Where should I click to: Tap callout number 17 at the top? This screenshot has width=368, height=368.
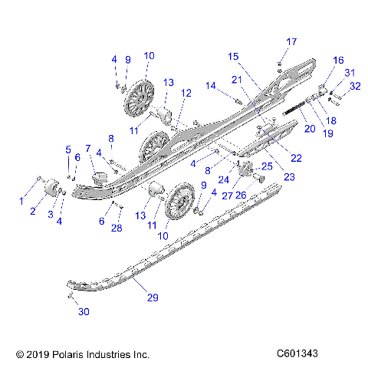[291, 41]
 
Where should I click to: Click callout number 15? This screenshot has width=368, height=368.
[233, 56]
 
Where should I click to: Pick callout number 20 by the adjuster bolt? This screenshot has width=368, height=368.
[309, 129]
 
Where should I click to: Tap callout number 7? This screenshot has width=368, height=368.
[88, 148]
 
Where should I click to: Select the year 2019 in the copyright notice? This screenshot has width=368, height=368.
[34, 355]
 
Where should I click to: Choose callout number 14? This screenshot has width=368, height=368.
[211, 85]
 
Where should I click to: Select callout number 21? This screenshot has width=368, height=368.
[238, 79]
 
